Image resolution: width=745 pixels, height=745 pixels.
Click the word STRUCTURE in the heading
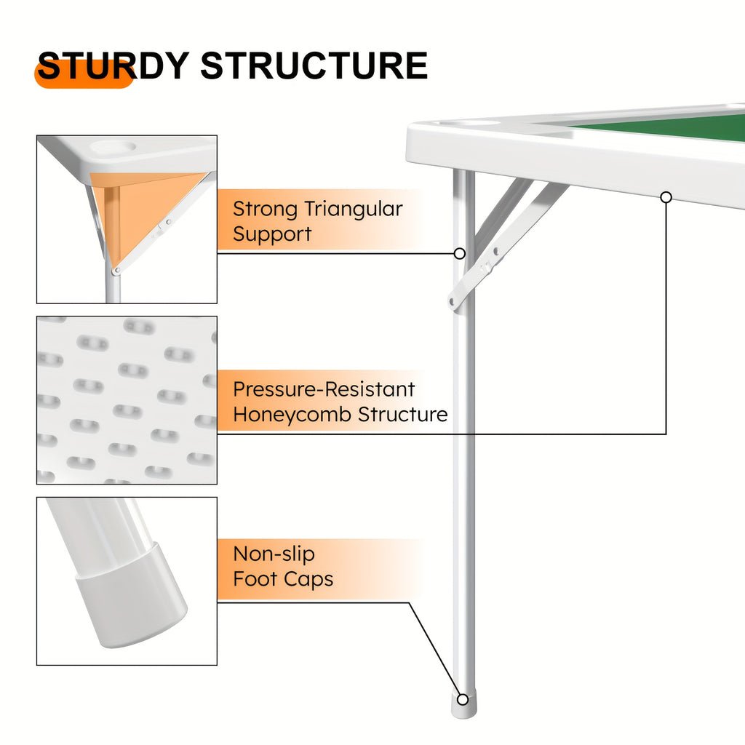click(x=314, y=65)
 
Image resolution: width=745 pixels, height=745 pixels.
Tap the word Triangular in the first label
click(x=353, y=210)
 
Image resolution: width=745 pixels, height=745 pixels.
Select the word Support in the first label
click(x=272, y=234)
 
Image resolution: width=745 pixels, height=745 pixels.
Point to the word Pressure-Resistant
click(x=324, y=390)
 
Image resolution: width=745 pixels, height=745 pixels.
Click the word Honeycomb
click(x=292, y=415)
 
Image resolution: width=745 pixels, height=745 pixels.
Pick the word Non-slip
click(x=274, y=554)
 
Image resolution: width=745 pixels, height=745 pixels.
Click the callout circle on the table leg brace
click(x=460, y=253)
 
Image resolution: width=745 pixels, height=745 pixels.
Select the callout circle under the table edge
click(x=666, y=197)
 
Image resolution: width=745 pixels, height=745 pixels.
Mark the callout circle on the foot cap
click(x=462, y=699)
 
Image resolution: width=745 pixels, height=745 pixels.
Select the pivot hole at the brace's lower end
click(x=452, y=301)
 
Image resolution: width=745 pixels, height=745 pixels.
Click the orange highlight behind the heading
click(x=84, y=74)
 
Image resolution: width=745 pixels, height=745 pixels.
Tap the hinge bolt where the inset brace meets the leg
click(x=116, y=271)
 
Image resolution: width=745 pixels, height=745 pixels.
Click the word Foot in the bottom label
click(x=255, y=579)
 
